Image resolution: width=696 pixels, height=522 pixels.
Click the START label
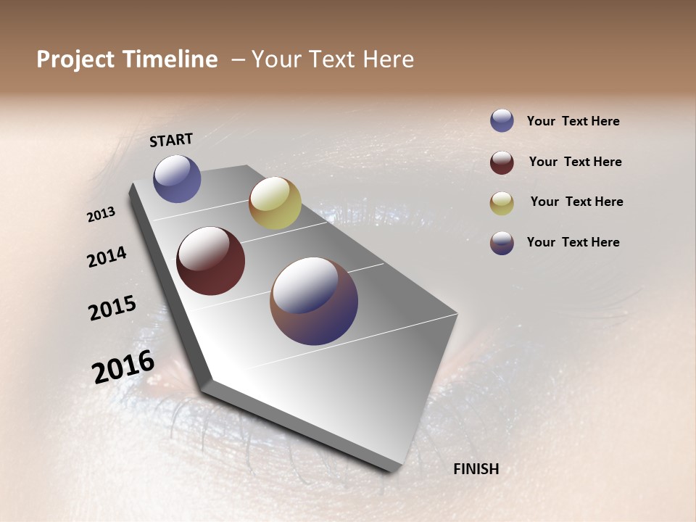tap(171, 140)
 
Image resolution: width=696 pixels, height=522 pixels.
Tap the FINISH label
tap(476, 469)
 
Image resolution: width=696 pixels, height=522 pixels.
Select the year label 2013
tap(101, 215)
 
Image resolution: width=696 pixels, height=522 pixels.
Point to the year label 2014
tap(107, 257)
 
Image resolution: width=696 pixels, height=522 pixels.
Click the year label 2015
tap(112, 308)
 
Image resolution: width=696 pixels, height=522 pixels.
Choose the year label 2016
tap(123, 367)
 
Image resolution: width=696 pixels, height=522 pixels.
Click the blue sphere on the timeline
tap(177, 178)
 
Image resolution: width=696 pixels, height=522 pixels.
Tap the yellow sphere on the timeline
tap(275, 203)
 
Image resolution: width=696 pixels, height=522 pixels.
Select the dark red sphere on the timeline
tap(210, 261)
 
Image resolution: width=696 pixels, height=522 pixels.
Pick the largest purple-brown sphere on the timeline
tap(314, 301)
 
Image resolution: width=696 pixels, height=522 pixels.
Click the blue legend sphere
tap(502, 121)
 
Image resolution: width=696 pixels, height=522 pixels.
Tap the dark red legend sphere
tap(502, 162)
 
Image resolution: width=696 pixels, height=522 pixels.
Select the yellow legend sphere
tap(502, 203)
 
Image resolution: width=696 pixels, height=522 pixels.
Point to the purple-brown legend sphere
tap(502, 243)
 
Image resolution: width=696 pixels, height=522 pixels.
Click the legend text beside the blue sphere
tap(573, 121)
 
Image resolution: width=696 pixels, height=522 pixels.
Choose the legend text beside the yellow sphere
tap(576, 202)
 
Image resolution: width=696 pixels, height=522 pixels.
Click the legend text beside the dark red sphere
tap(575, 162)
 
